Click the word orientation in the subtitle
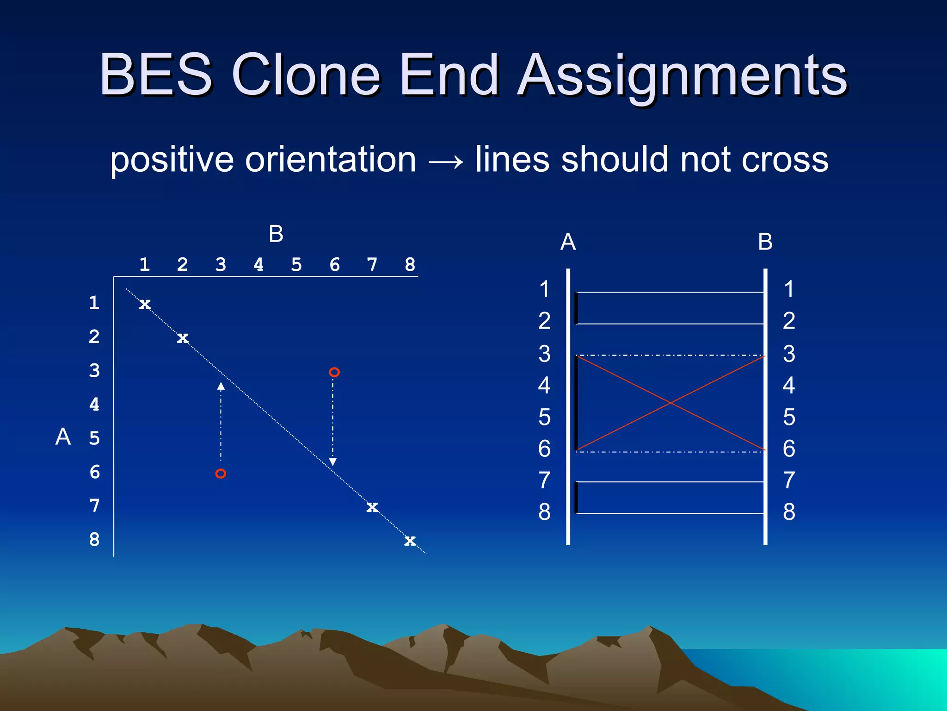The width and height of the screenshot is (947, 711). [x=331, y=160]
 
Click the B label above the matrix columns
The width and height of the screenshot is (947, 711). [x=276, y=234]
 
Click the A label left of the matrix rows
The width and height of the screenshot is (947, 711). [x=63, y=437]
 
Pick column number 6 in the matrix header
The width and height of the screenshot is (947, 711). [x=334, y=265]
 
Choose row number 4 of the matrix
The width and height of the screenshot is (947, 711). [x=94, y=404]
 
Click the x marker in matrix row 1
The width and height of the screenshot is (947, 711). [x=145, y=304]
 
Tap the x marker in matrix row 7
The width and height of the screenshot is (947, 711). [x=372, y=507]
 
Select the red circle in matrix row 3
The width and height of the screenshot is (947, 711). [x=334, y=372]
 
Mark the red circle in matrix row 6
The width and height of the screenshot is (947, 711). [x=221, y=474]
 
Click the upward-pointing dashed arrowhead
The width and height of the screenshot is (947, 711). [x=221, y=386]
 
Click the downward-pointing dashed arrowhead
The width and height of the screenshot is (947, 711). [x=332, y=462]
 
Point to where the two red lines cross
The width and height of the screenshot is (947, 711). [x=671, y=403]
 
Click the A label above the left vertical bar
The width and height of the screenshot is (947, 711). [x=568, y=242]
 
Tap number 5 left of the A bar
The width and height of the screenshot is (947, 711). [x=545, y=417]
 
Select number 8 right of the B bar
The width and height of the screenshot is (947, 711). [x=789, y=512]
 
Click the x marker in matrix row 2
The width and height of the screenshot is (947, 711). [x=183, y=338]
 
